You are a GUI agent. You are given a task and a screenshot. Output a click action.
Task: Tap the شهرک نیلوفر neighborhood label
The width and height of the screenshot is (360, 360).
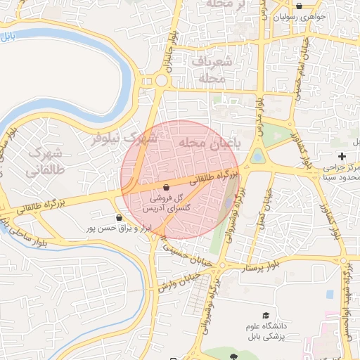(127, 139)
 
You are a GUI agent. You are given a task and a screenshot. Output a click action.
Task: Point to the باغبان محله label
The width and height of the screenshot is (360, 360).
(209, 143)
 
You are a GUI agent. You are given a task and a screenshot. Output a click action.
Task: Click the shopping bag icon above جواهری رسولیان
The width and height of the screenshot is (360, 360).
(300, 6)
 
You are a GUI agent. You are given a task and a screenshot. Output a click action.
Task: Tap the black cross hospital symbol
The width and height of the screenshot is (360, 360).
(342, 155)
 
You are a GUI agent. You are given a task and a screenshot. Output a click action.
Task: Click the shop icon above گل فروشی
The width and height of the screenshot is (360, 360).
(166, 188)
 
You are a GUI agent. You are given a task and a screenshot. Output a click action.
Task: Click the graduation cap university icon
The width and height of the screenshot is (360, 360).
(265, 315)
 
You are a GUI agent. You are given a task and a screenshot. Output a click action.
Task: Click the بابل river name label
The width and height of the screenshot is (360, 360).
(7, 36)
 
